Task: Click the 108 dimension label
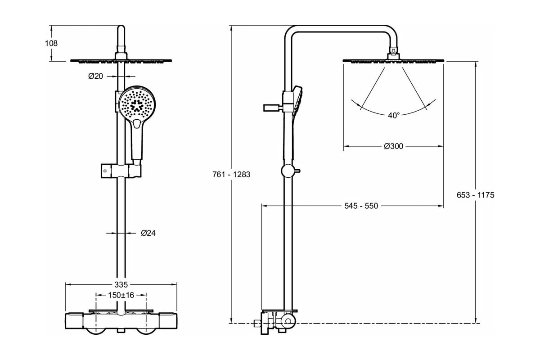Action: pos(52,44)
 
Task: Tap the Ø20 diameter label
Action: pos(96,76)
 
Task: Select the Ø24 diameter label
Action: pos(148,233)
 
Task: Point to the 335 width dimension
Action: pos(121,284)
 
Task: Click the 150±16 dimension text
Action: pos(121,295)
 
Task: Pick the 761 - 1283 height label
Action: pos(231,175)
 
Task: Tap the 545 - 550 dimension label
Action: pos(361,206)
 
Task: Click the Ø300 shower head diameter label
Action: pos(393,146)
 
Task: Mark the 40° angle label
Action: pos(394,116)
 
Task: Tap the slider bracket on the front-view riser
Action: pos(120,171)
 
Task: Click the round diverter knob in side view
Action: pos(287,171)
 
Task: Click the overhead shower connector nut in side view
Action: pos(393,53)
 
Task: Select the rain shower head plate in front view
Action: pos(121,60)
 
